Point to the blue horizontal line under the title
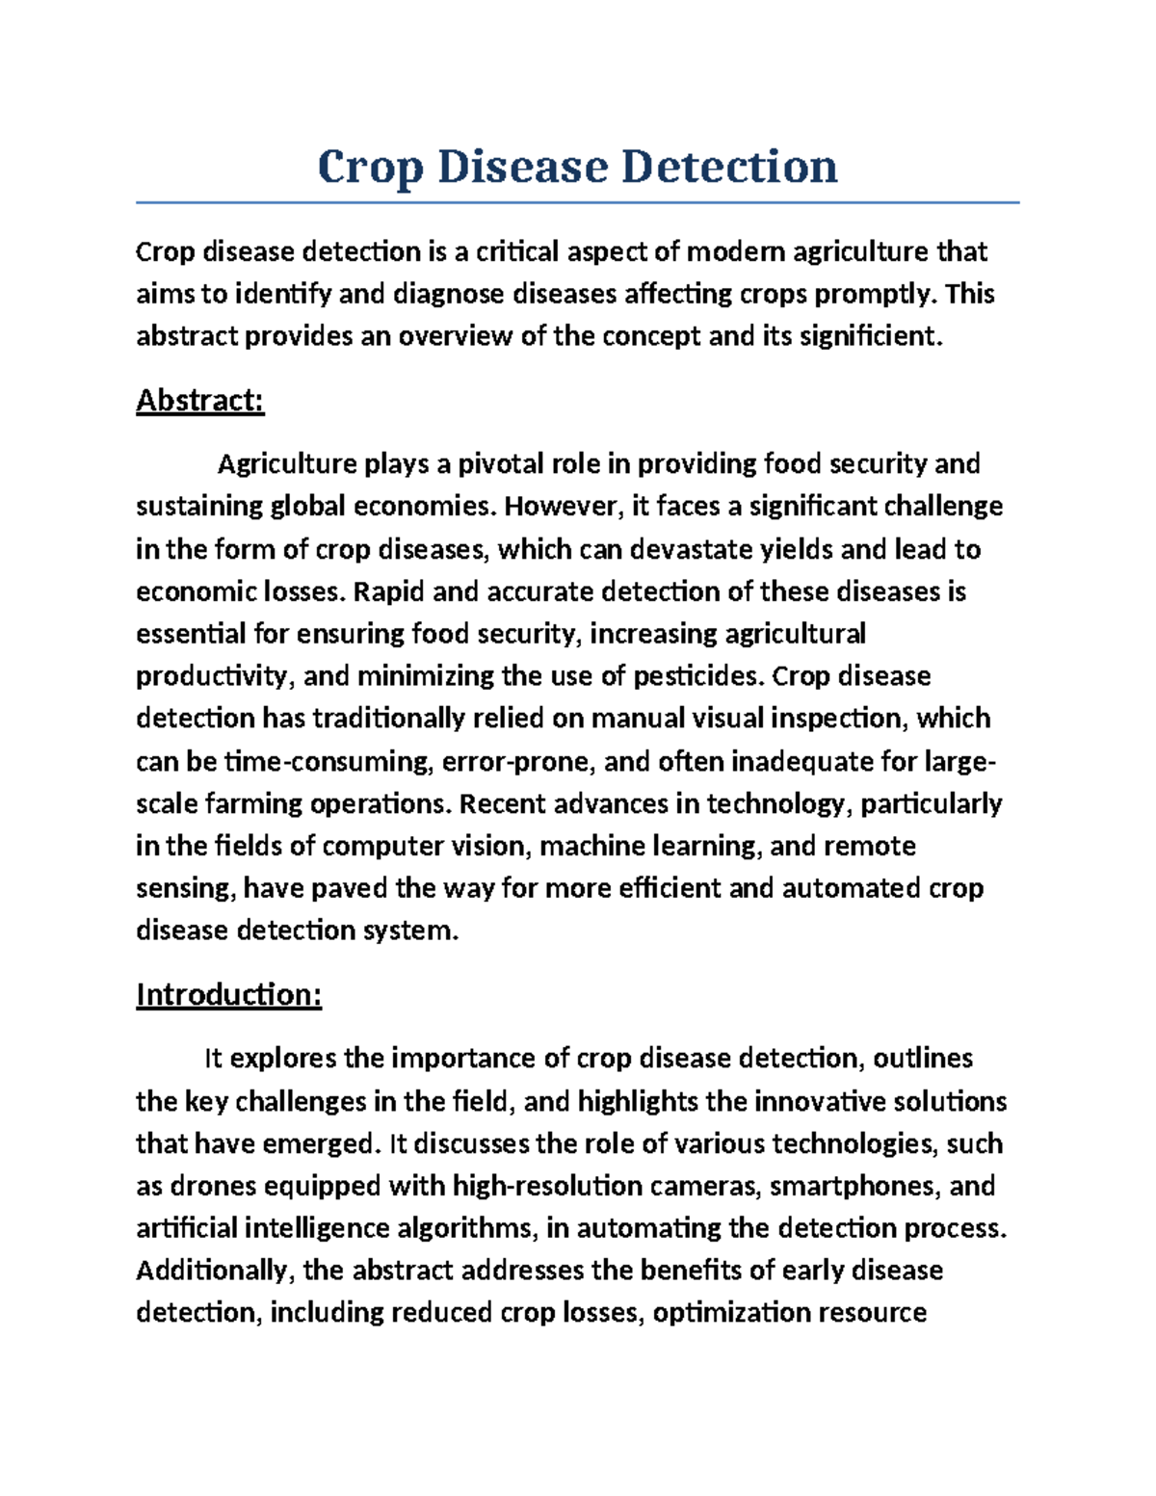click(577, 203)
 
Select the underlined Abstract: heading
click(199, 400)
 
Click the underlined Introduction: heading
click(228, 994)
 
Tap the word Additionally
click(213, 1271)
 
